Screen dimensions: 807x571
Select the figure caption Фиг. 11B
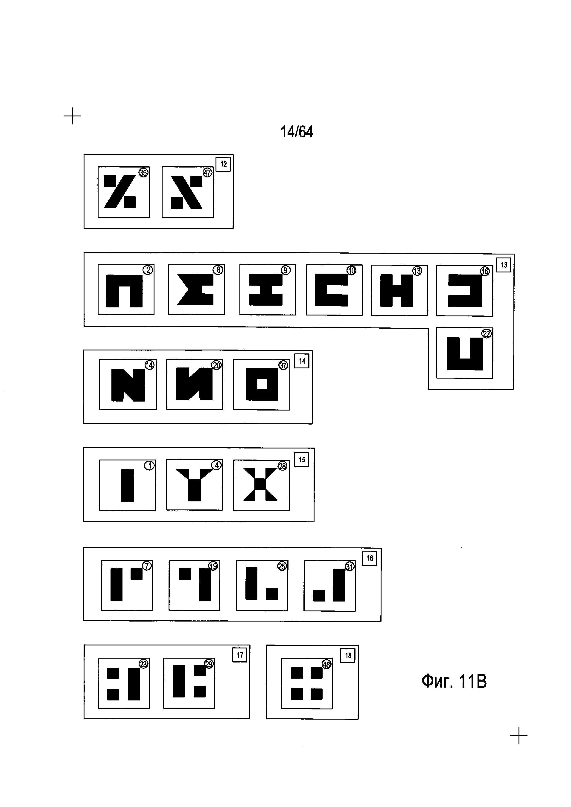454,681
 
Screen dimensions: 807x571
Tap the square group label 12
223,164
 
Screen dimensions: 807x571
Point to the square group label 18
348,656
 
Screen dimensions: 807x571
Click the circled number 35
143,173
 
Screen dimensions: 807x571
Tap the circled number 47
207,173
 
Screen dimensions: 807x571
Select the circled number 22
486,334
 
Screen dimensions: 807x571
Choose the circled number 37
283,366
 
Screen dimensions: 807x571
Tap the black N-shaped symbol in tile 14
128,385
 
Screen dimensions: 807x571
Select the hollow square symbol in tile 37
262,384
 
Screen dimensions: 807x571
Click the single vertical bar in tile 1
128,485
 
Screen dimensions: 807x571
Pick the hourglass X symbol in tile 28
261,484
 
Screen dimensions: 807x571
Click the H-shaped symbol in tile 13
397,291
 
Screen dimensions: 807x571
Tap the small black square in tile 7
137,574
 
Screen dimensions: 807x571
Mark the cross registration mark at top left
73,116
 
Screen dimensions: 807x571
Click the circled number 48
327,665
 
